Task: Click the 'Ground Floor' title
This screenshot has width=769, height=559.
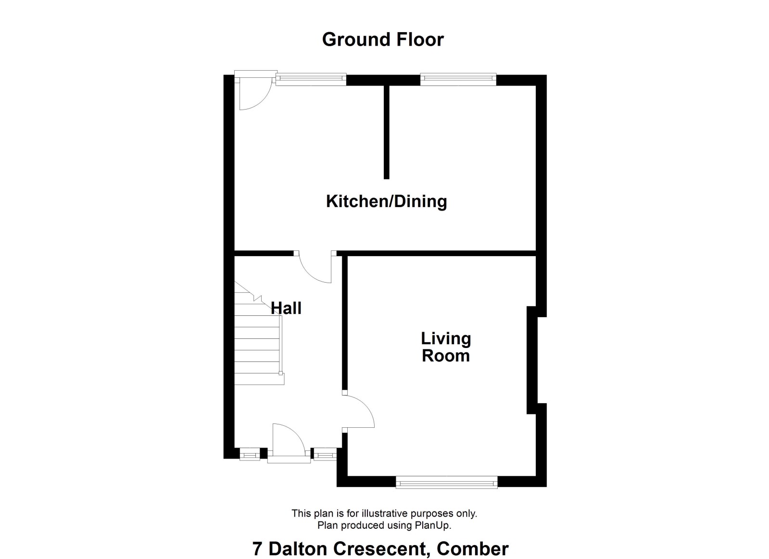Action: [x=383, y=40]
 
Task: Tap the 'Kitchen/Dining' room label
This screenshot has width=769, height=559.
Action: [x=386, y=201]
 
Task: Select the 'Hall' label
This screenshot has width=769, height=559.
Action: [x=286, y=308]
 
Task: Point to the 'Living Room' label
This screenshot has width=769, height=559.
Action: [x=446, y=347]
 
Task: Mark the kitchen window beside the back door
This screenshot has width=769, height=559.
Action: [x=311, y=80]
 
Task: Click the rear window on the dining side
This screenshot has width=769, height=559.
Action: [x=458, y=80]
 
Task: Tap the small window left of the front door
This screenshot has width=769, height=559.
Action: [x=250, y=454]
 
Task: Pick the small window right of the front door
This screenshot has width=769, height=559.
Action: [x=325, y=454]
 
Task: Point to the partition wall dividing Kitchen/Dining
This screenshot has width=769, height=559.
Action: [x=387, y=132]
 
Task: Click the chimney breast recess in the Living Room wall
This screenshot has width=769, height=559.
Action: [x=532, y=360]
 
